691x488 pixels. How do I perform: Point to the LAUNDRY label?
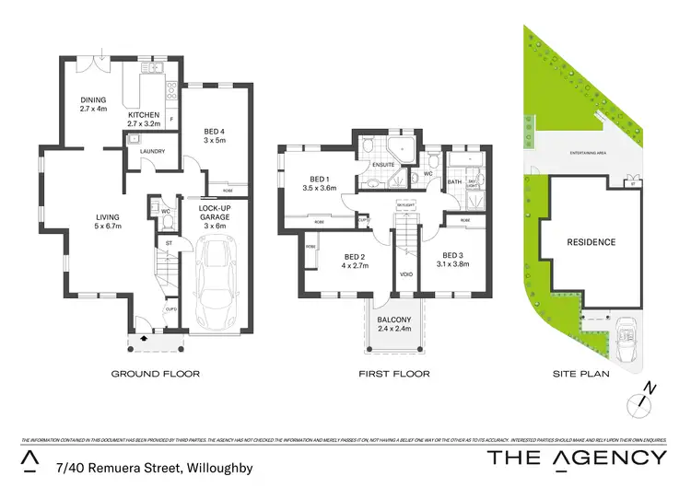[150, 155]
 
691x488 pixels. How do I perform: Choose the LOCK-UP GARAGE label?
[214, 215]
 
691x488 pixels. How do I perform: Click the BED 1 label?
[320, 181]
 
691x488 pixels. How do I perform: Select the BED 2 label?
[356, 261]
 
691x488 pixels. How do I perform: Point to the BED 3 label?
[455, 259]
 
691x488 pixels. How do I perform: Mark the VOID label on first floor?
[405, 273]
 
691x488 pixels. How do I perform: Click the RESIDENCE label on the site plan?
[590, 241]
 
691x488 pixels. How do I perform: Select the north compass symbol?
[643, 401]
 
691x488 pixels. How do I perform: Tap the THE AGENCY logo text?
[576, 458]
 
